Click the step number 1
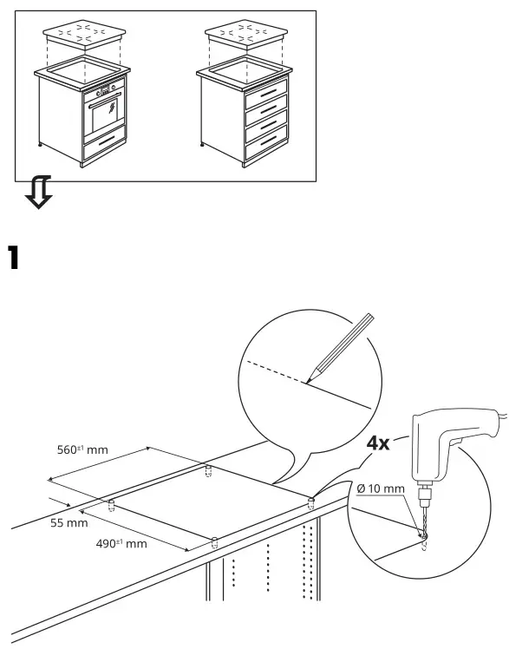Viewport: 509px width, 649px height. (14, 258)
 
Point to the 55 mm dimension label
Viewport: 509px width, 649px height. (68, 523)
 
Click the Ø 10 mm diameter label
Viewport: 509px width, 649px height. (380, 489)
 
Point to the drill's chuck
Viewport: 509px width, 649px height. (425, 498)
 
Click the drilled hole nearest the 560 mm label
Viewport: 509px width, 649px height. (207, 472)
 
